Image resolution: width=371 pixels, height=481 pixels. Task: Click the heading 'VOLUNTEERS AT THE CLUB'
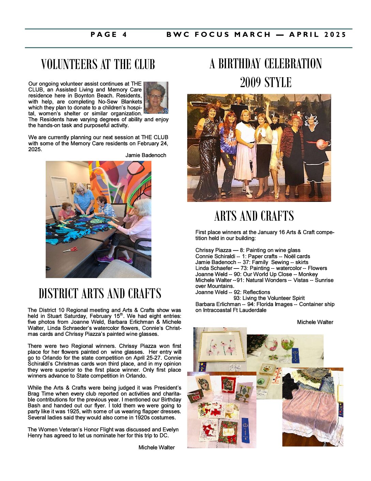98,64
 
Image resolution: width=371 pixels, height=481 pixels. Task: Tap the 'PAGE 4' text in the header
109,35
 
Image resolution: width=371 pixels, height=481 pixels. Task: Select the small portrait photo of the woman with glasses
156,98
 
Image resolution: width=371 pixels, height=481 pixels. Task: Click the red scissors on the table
70,250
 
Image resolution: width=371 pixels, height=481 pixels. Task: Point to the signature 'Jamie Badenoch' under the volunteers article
146,155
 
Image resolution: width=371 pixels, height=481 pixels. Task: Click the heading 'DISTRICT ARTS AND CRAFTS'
100,293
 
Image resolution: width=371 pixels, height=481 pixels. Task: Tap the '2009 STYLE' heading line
266,82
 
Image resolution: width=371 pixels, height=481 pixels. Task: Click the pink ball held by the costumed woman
321,144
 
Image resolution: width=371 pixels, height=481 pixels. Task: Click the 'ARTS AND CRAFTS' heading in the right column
254,216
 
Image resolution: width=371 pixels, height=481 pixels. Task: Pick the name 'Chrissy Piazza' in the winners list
213,250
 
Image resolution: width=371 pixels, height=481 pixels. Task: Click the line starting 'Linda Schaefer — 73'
261,268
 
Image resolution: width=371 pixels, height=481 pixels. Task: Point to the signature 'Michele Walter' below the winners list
315,322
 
